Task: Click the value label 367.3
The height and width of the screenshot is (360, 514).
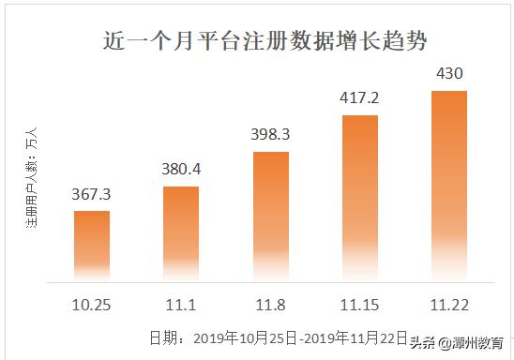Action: coord(92,195)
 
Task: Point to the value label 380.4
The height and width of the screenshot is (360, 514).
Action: coord(181,171)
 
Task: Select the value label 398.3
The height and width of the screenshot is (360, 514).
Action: coord(270,135)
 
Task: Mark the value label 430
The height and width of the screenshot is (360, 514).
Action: coord(449,73)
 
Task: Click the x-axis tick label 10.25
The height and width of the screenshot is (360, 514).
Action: coord(92,306)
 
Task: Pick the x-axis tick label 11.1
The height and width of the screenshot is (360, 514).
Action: coord(181,306)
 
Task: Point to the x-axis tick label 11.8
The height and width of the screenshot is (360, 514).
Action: coord(271,306)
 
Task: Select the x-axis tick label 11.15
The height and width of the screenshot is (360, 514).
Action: coord(360,306)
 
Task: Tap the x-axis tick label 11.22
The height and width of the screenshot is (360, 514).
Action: coord(449,306)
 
